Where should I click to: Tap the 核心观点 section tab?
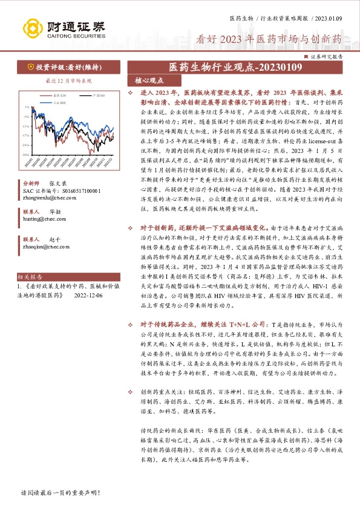[149, 80]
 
